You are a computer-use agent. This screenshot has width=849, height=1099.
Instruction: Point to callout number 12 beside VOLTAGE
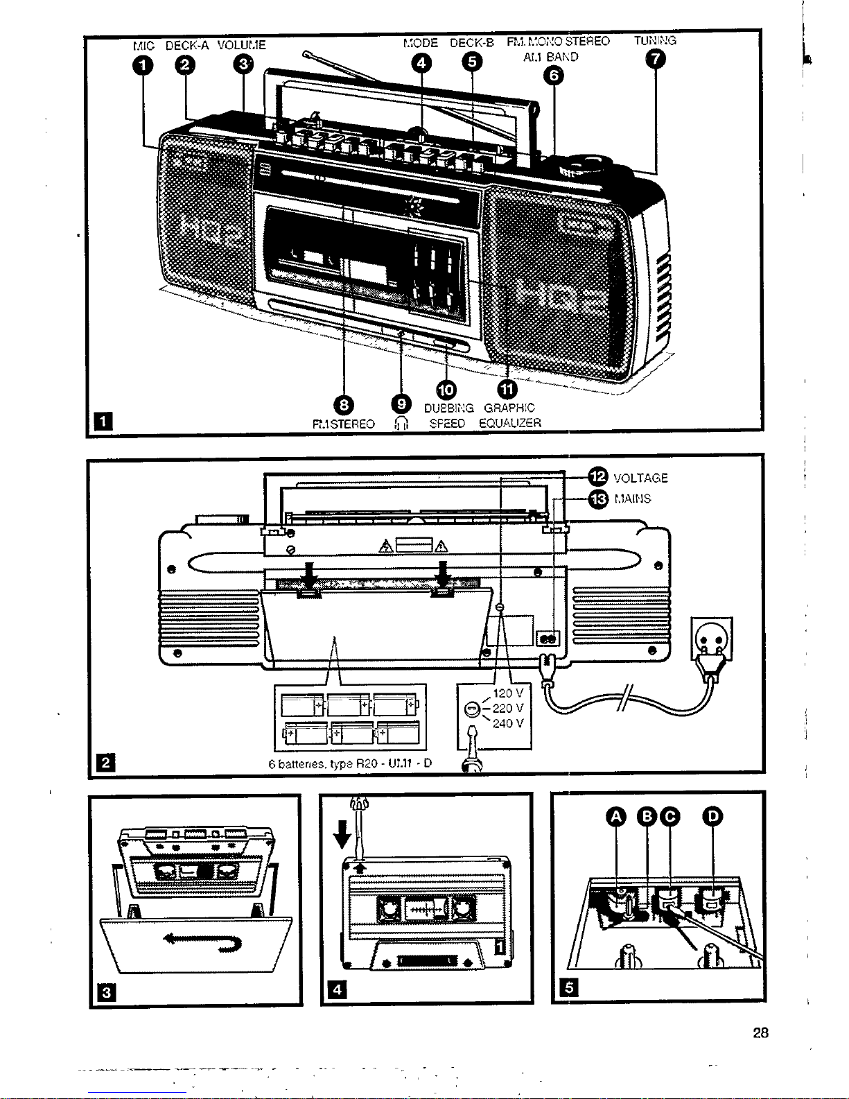pyautogui.click(x=597, y=476)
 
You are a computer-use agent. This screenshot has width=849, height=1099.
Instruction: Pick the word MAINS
pyautogui.click(x=633, y=499)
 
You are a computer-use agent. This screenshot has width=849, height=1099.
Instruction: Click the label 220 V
pyautogui.click(x=507, y=709)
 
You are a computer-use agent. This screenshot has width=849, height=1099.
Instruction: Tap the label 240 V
pyautogui.click(x=507, y=724)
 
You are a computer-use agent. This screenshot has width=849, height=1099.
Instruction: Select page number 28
pyautogui.click(x=761, y=1033)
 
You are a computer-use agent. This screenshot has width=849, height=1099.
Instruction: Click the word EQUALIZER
pyautogui.click(x=509, y=423)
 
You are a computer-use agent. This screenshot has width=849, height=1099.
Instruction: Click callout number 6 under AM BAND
pyautogui.click(x=552, y=76)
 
